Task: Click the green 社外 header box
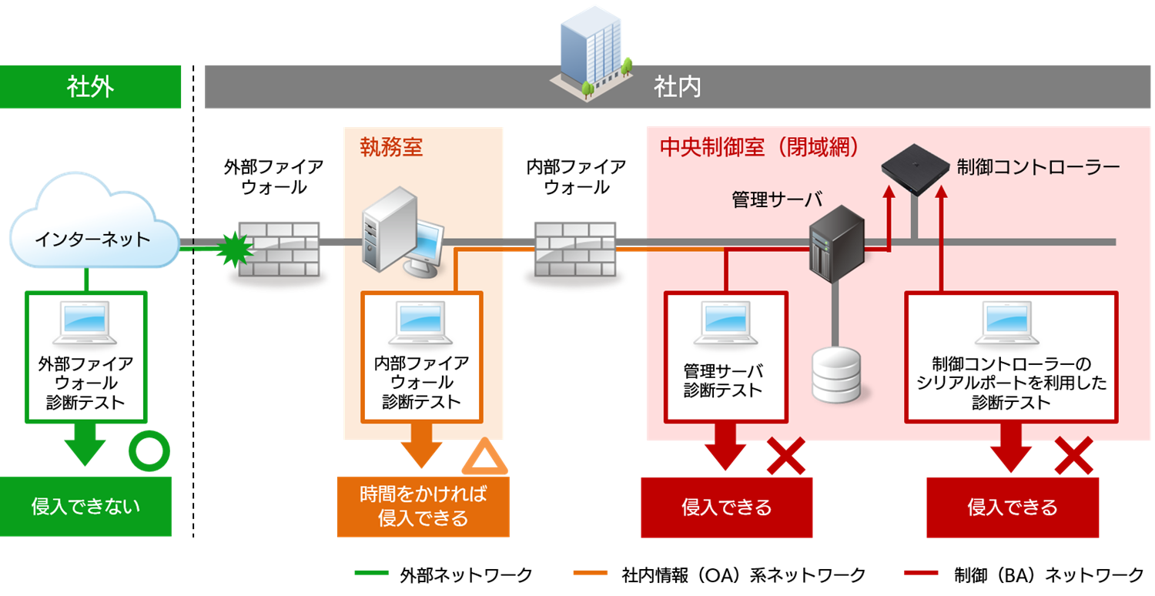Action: click(90, 86)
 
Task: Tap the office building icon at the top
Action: click(591, 50)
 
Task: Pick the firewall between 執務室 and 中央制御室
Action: click(575, 249)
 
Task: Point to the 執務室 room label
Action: click(391, 147)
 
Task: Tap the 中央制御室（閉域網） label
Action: click(759, 147)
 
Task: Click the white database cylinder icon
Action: click(836, 374)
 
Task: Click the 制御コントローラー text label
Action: click(1037, 166)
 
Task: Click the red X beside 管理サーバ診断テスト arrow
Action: click(785, 456)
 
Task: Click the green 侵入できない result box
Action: click(85, 507)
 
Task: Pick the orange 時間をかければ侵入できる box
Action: click(423, 507)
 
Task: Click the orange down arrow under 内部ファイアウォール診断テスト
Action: click(421, 447)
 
